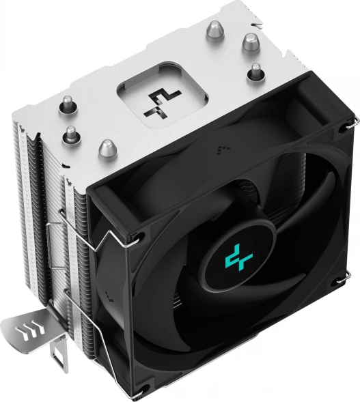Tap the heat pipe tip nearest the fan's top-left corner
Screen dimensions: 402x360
(107, 148)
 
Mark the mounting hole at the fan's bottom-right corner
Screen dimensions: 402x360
(336, 281)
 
